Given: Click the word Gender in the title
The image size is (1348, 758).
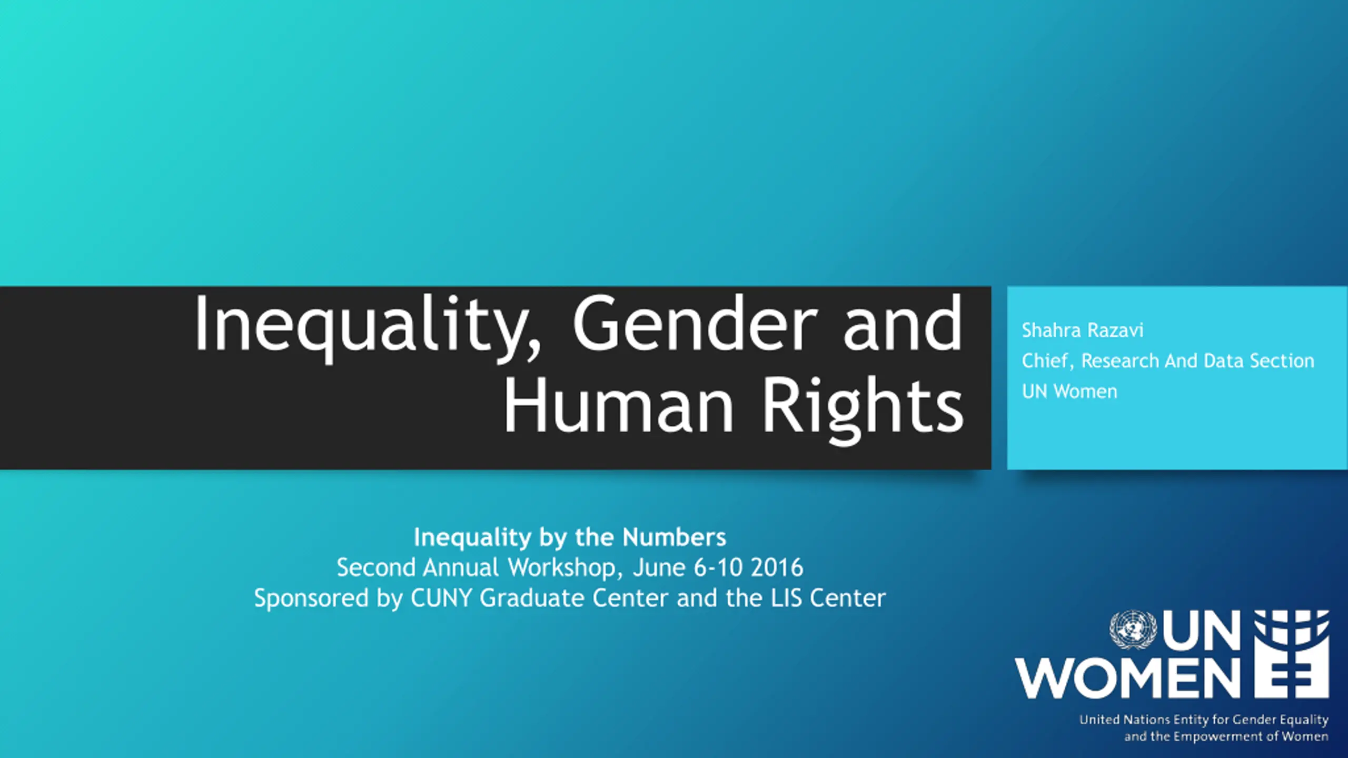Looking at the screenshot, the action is [696, 323].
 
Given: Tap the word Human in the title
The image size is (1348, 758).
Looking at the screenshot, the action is [619, 405].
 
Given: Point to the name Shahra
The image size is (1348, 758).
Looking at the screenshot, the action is [1051, 330].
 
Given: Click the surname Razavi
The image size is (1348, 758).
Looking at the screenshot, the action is [1116, 330].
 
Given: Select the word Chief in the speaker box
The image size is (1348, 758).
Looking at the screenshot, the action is [1047, 361].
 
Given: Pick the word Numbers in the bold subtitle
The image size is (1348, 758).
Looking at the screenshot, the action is [674, 537].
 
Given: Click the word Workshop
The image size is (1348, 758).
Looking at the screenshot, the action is [561, 567].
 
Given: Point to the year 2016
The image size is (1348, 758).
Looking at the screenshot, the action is [777, 567].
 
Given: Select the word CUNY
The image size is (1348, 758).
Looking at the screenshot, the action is [441, 598].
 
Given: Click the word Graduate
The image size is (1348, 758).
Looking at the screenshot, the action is [532, 598].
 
